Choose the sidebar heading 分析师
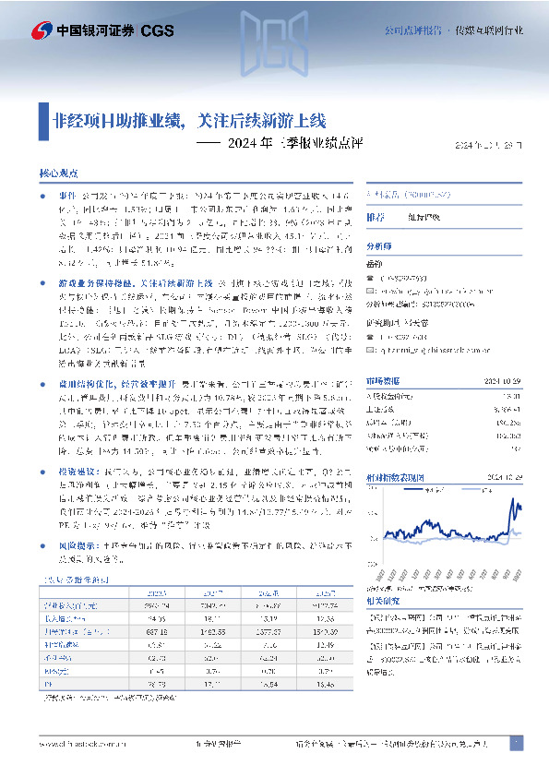point(379,246)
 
